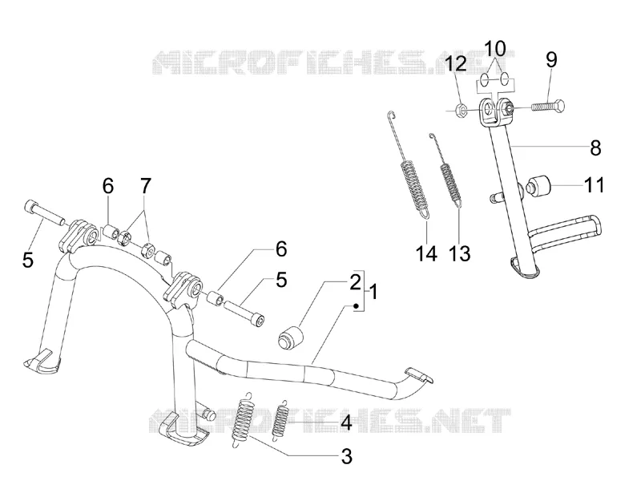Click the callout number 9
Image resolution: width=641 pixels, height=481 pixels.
tap(551, 59)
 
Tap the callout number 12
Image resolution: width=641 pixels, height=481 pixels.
tap(456, 64)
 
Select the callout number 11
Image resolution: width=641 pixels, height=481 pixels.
tap(594, 185)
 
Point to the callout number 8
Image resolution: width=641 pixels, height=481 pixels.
tap(595, 148)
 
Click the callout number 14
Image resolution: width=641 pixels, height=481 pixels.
tap(426, 253)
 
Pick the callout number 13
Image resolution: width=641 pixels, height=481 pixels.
tap(460, 253)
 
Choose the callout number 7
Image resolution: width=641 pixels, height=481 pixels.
tap(145, 186)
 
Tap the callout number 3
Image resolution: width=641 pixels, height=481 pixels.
tap(346, 456)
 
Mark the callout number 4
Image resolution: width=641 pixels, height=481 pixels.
tap(346, 422)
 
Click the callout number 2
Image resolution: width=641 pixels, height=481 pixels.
tap(355, 282)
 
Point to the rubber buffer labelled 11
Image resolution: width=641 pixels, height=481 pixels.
tap(540, 186)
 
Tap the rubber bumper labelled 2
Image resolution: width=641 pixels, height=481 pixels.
tap(291, 338)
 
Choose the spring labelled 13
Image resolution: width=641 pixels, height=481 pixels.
tap(449, 174)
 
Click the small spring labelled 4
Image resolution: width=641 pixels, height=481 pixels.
tap(281, 418)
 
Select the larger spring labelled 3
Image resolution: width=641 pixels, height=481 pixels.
tap(244, 419)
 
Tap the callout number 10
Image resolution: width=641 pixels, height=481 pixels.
tap(495, 48)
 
